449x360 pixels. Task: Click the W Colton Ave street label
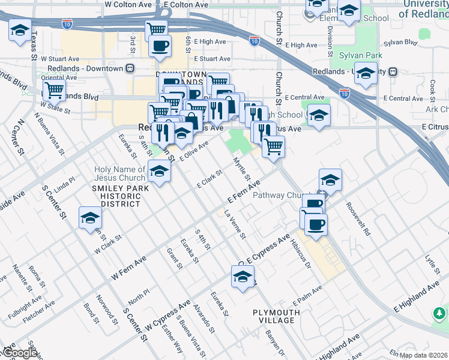click(x=128, y=4)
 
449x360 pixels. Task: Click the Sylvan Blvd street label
click(x=402, y=43)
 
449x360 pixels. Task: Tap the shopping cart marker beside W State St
click(x=54, y=91)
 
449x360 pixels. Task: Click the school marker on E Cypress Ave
click(x=242, y=277)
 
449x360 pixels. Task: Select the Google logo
click(x=20, y=353)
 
